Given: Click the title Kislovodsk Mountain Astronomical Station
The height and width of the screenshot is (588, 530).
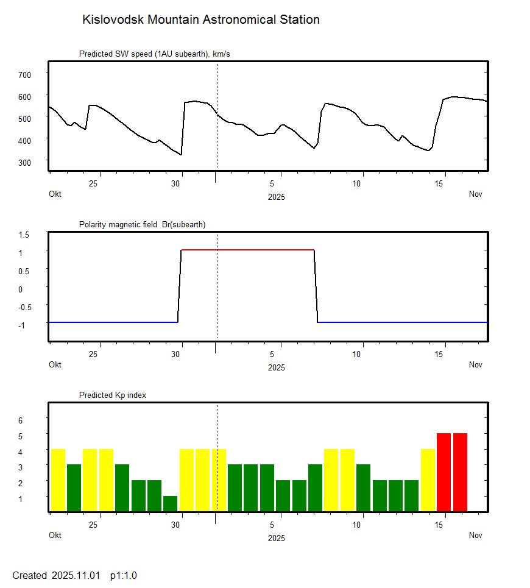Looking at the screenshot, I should click(200, 20).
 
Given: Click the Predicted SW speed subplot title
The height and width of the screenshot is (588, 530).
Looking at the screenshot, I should click(154, 54).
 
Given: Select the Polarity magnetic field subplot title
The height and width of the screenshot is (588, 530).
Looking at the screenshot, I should click(142, 225).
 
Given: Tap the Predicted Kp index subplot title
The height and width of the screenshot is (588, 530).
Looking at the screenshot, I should click(113, 395).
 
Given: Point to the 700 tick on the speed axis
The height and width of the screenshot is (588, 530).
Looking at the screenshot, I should click(24, 74).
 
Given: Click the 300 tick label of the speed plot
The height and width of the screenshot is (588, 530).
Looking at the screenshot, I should click(24, 162).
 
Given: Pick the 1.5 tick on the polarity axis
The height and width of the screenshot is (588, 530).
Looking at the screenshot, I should click(24, 235).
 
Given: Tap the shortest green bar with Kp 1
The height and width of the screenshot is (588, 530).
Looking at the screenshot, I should click(170, 503).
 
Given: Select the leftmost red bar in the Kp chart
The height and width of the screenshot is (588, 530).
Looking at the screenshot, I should click(443, 472).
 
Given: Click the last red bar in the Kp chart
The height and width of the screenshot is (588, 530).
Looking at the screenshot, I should click(460, 472).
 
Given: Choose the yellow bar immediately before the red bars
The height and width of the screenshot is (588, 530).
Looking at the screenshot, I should click(428, 480).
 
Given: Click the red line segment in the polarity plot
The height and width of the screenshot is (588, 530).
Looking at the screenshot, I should click(247, 250).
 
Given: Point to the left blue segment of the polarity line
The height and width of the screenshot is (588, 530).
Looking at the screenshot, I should click(113, 322).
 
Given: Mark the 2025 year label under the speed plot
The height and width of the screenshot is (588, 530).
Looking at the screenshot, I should click(276, 197).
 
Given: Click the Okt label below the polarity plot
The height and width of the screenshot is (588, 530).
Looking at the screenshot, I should click(55, 365).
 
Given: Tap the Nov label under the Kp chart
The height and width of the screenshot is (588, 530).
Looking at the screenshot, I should click(476, 536).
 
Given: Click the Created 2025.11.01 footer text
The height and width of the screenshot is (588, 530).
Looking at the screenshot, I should click(56, 575).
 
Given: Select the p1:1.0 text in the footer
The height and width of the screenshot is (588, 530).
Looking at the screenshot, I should click(124, 575).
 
